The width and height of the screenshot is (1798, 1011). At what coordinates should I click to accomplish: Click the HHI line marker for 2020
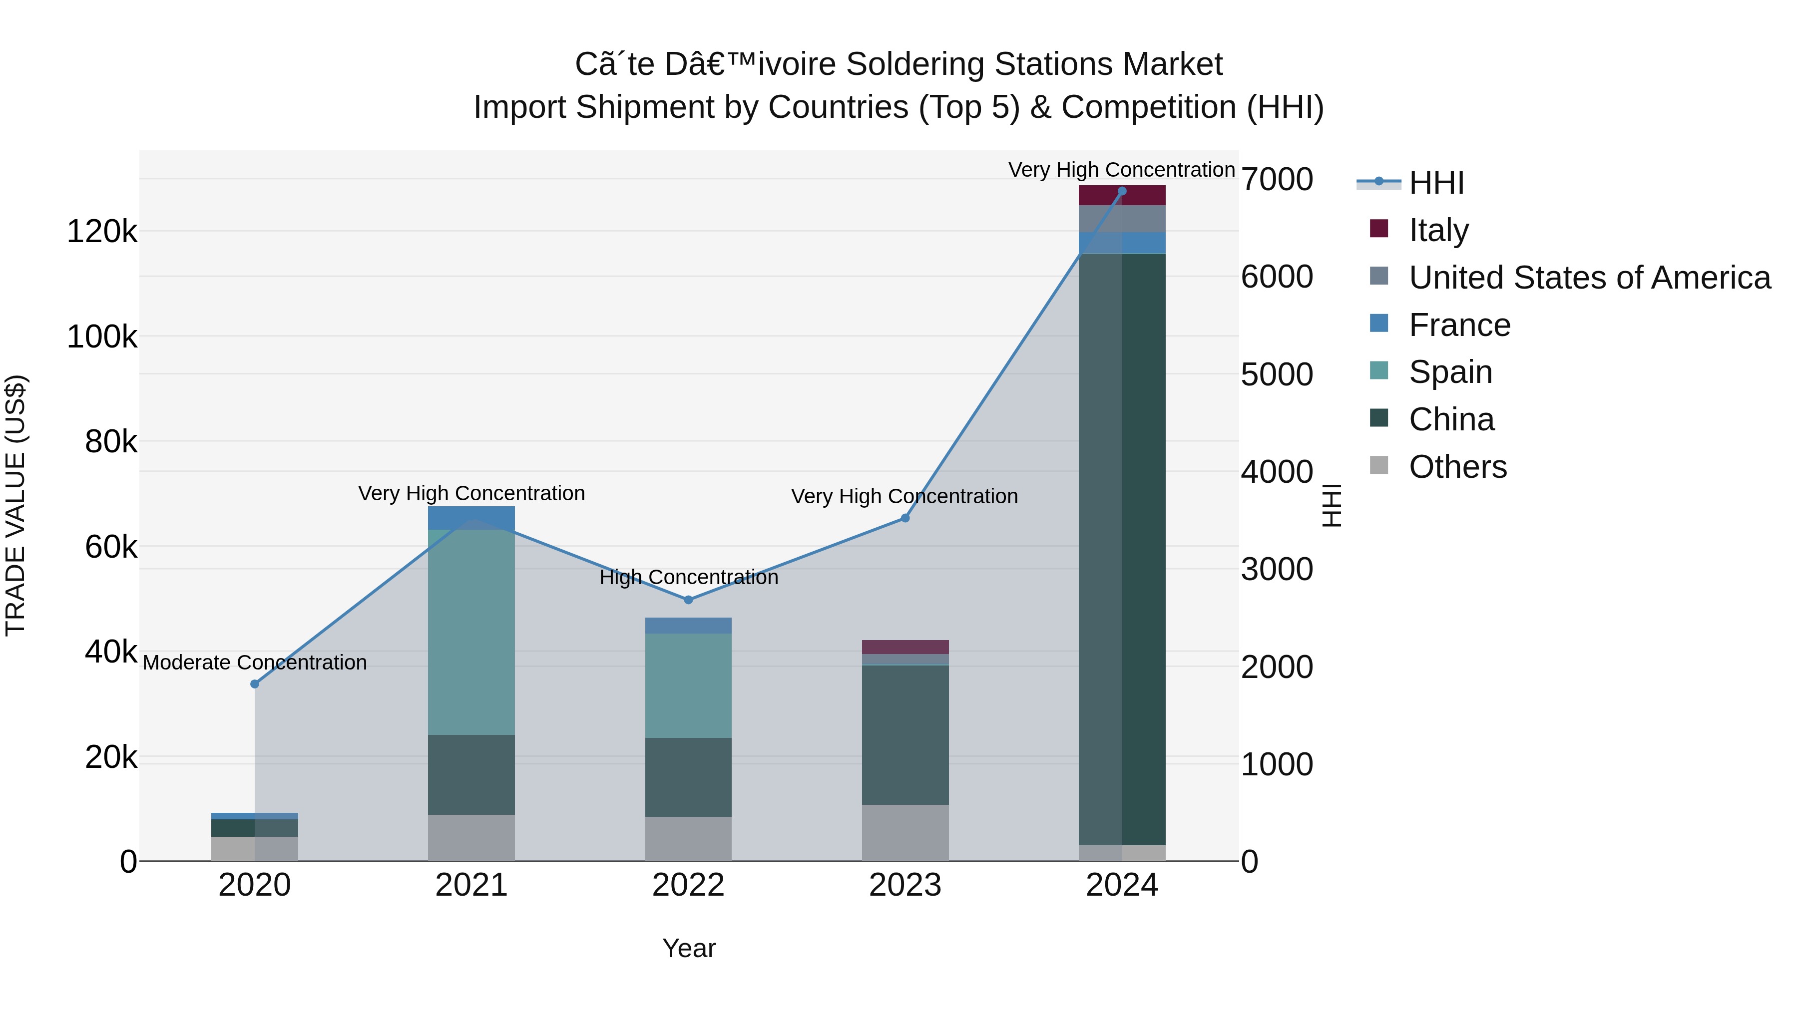pyautogui.click(x=255, y=684)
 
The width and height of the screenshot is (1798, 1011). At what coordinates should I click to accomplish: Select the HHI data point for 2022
pyautogui.click(x=688, y=599)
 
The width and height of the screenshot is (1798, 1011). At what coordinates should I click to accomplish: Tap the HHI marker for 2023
pyautogui.click(x=905, y=518)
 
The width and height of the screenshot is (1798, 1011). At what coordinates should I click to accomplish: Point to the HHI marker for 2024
pyautogui.click(x=1122, y=191)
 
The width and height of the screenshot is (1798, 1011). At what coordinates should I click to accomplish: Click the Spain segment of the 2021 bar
pyautogui.click(x=471, y=632)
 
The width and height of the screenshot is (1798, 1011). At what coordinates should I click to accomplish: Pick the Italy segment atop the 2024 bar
pyautogui.click(x=1122, y=195)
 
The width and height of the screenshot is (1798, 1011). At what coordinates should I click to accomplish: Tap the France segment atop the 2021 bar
pyautogui.click(x=471, y=517)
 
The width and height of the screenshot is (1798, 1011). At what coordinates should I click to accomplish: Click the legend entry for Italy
pyautogui.click(x=1438, y=230)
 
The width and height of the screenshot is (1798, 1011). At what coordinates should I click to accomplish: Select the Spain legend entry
pyautogui.click(x=1450, y=372)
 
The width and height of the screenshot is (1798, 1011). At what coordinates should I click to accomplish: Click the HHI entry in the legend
pyautogui.click(x=1436, y=183)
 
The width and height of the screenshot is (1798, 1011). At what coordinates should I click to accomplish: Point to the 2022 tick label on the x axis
pyautogui.click(x=688, y=885)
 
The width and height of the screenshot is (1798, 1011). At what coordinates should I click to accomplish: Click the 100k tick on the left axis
pyautogui.click(x=102, y=337)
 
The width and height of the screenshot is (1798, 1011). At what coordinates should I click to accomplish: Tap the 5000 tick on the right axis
pyautogui.click(x=1277, y=374)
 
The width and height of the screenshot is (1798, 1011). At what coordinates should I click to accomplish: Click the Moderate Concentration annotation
pyautogui.click(x=255, y=662)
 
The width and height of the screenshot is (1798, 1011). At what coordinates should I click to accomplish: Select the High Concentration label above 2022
pyautogui.click(x=688, y=577)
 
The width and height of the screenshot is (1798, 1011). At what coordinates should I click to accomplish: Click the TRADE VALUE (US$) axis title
pyautogui.click(x=15, y=505)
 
